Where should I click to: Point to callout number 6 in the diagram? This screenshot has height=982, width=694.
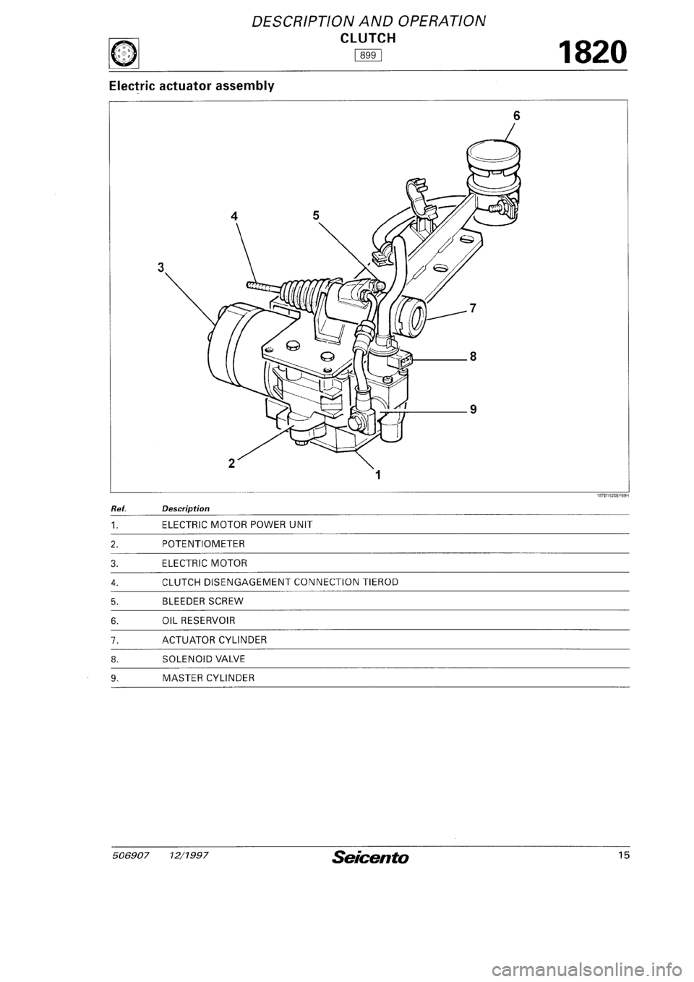(515, 115)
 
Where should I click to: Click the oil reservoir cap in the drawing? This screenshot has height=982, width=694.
(493, 155)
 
